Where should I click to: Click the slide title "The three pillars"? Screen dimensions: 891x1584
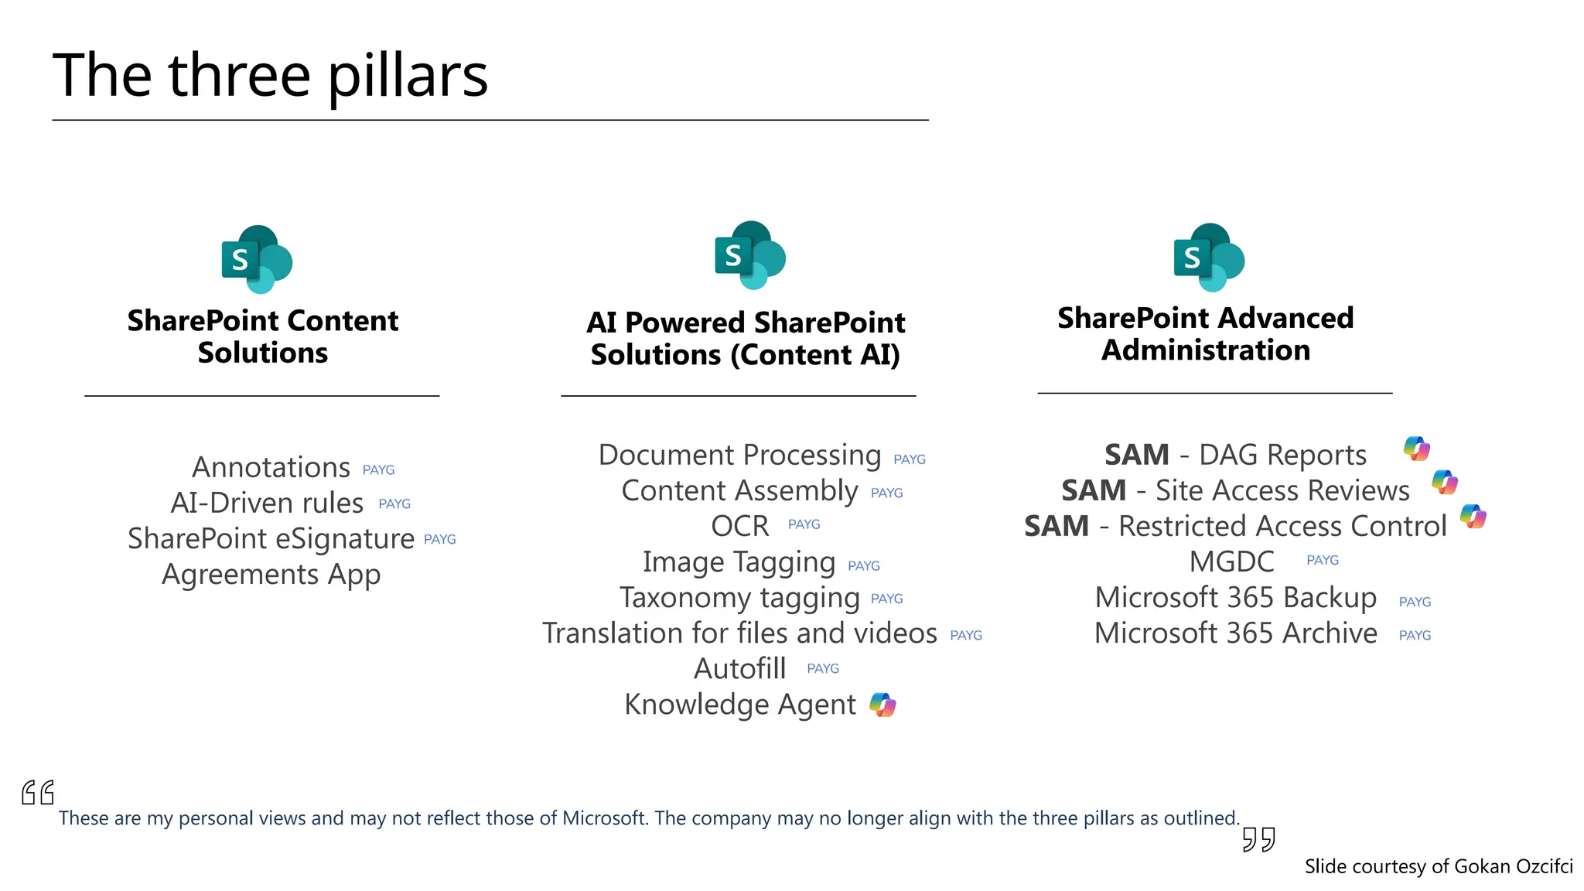pos(270,76)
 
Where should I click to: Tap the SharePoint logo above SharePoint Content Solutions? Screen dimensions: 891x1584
pos(257,260)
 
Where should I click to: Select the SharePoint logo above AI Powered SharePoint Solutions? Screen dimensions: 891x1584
pos(749,255)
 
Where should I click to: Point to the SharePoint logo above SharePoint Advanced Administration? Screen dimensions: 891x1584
pos(1208,258)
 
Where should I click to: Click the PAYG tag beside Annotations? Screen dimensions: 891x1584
pos(378,470)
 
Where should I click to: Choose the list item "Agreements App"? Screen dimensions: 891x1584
pos(271,575)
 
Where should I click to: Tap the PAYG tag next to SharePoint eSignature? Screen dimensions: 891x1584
pos(439,540)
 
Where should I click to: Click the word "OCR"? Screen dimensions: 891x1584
pos(739,527)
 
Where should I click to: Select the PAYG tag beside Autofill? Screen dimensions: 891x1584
pos(822,669)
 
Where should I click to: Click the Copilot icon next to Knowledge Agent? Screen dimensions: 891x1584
pos(882,705)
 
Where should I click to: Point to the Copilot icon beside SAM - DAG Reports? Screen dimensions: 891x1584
pos(1417,449)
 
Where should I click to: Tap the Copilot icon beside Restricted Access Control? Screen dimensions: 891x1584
pos(1473,517)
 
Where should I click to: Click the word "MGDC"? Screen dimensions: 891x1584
pos(1231,562)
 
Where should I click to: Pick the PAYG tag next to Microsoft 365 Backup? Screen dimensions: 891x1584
pos(1415,603)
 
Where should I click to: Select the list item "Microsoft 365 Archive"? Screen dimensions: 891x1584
pos(1235,633)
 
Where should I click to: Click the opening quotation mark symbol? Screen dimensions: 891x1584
pos(38,793)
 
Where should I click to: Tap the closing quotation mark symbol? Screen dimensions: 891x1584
pos(1258,839)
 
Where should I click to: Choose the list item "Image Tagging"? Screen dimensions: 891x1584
pos(739,562)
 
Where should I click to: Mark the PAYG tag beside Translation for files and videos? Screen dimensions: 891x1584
pos(965,636)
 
